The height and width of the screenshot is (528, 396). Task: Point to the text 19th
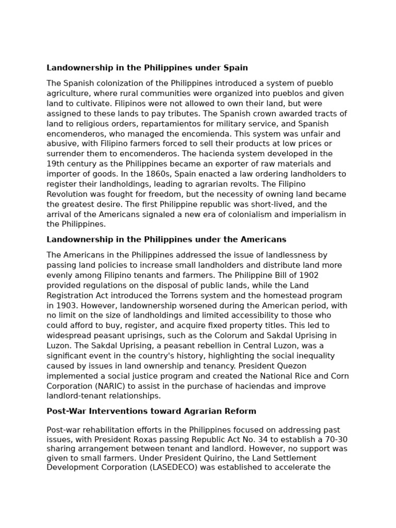click(x=55, y=164)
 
